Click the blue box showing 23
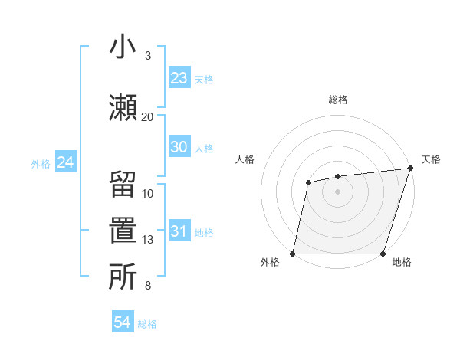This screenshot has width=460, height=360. (179, 78)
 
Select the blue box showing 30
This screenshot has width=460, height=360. (179, 148)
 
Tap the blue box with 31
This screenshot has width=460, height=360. (179, 232)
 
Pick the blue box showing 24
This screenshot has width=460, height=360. (65, 163)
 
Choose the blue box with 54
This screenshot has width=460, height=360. (123, 323)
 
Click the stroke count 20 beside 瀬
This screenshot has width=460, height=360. (147, 116)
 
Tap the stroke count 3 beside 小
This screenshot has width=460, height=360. (148, 56)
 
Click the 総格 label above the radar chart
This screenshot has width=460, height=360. (338, 100)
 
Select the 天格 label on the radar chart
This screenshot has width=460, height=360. (431, 159)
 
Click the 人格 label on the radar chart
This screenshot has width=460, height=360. (245, 159)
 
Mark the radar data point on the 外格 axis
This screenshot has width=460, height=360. (293, 254)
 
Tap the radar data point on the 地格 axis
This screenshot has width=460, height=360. (383, 254)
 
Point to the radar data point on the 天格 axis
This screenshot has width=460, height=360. (410, 169)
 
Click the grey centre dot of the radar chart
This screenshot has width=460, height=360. (338, 191)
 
